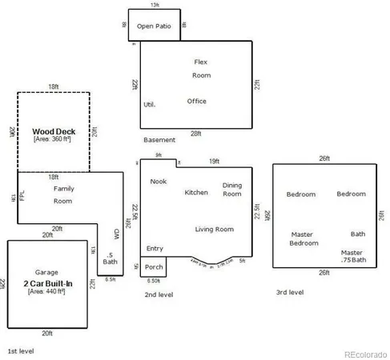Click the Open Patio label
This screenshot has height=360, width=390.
pyautogui.click(x=155, y=26)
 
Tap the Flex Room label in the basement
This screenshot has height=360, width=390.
pyautogui.click(x=201, y=68)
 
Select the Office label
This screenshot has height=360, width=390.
pyautogui.click(x=197, y=102)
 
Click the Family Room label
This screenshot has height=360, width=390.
pyautogui.click(x=63, y=194)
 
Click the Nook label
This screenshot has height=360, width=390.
pyautogui.click(x=158, y=182)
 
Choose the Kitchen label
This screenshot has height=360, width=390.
pyautogui.click(x=196, y=192)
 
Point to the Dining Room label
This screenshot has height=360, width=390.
pyautogui.click(x=232, y=189)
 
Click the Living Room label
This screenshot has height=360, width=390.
pyautogui.click(x=214, y=230)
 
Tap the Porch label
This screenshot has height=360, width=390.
pyautogui.click(x=154, y=267)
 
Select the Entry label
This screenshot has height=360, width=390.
pyautogui.click(x=155, y=249)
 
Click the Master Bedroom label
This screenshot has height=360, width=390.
pyautogui.click(x=304, y=238)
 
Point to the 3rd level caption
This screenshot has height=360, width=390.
pyautogui.click(x=289, y=293)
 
